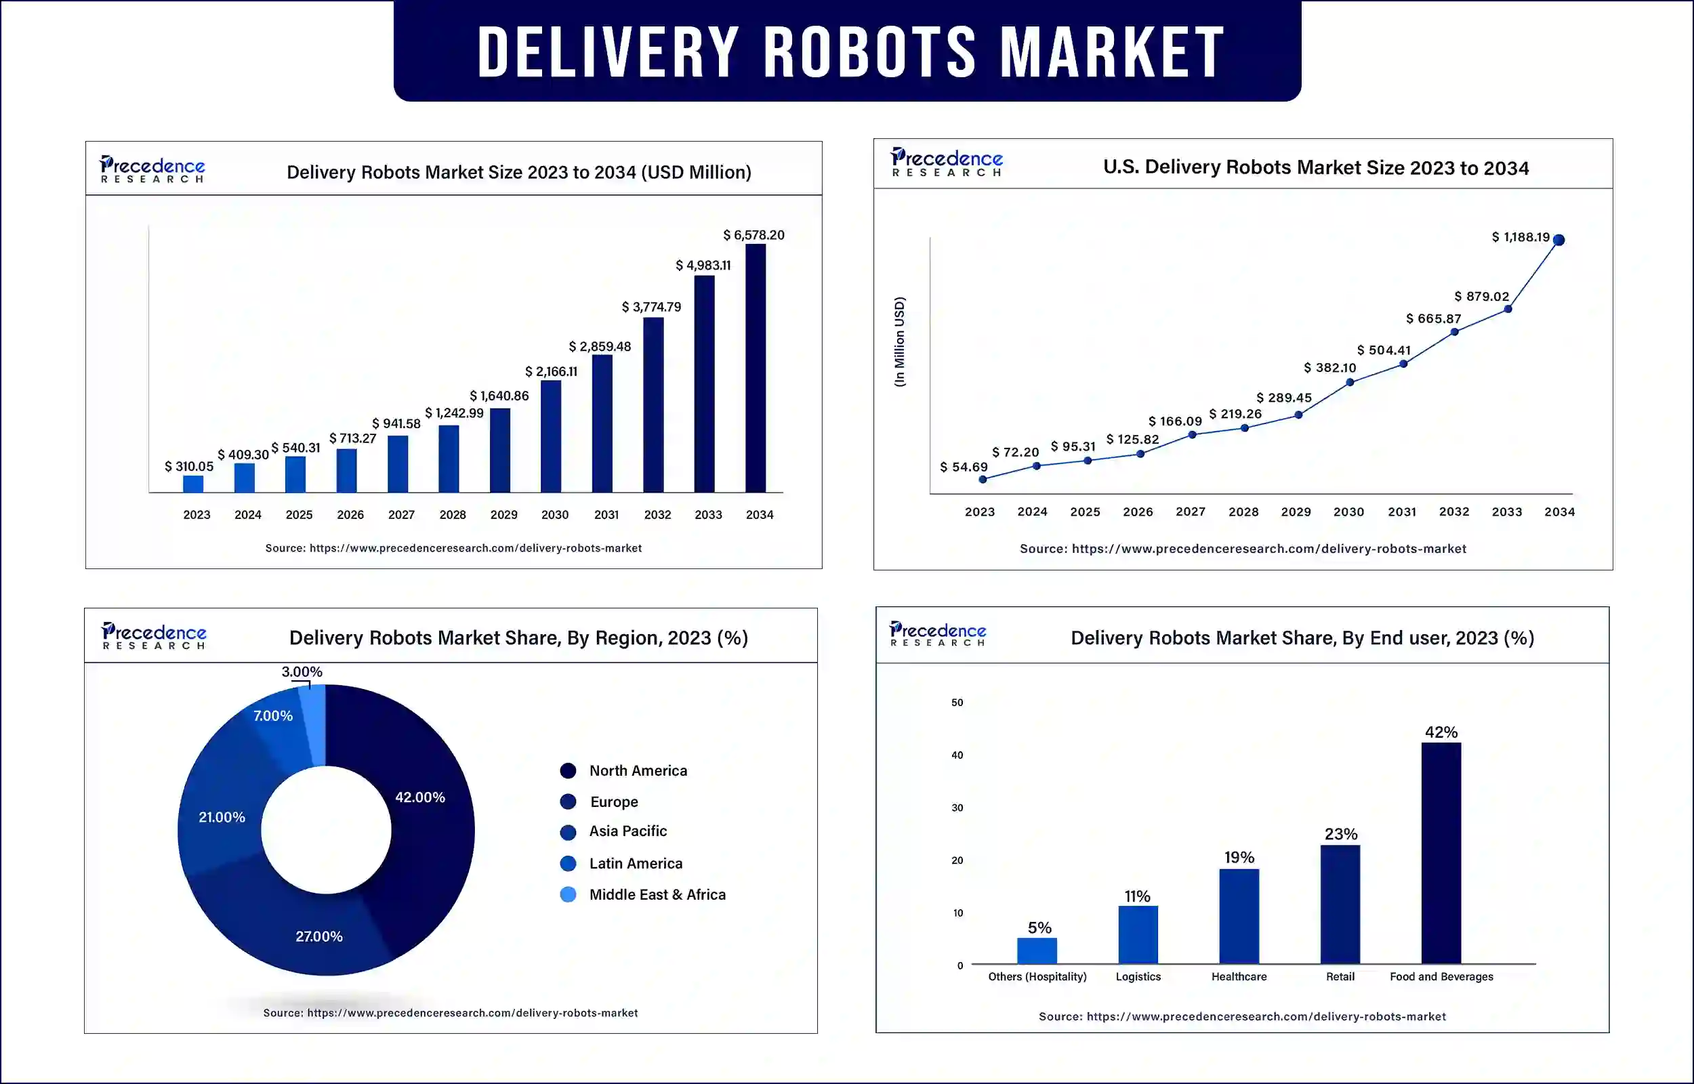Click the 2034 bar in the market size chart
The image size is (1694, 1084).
tap(755, 368)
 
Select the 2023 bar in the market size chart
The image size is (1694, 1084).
tap(193, 484)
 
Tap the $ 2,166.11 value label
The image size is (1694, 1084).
tap(551, 372)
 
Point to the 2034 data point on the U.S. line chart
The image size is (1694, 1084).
tap(1559, 240)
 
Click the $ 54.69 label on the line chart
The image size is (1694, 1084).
tap(964, 467)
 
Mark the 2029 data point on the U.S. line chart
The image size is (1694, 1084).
tap(1298, 415)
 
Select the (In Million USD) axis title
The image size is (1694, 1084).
tap(899, 341)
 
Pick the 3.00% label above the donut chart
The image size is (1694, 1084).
tap(302, 671)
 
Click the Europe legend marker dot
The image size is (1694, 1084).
tap(568, 801)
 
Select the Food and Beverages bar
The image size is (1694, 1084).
tap(1441, 852)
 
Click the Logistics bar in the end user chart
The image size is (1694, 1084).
tap(1138, 934)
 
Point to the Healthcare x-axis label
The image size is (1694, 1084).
tap(1239, 976)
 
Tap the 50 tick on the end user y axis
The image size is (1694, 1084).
tap(957, 703)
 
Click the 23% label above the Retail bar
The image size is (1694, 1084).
tap(1341, 834)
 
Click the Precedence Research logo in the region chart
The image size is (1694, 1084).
tap(154, 635)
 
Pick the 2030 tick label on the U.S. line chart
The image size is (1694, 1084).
tap(1348, 512)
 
